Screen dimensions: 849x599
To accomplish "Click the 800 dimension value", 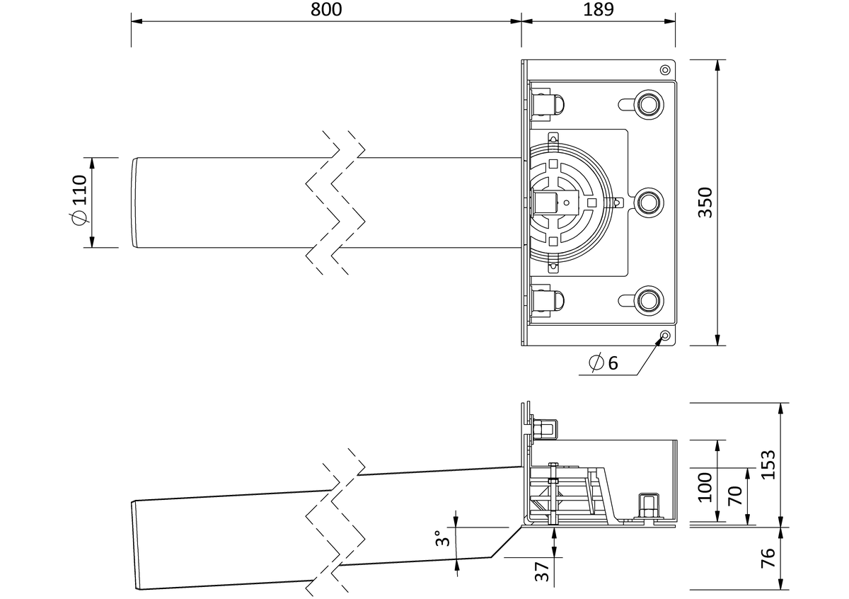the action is point(326,9).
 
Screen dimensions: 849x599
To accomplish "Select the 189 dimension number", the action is point(598,9).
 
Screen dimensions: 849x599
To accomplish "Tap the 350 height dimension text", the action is point(705,202).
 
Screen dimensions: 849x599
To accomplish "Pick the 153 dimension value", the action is point(768,465).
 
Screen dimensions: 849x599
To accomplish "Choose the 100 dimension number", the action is point(705,487).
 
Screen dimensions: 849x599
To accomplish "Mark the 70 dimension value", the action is point(735,496).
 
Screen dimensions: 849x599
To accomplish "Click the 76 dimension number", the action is point(768,558).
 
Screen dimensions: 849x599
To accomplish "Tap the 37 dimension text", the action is point(542,571).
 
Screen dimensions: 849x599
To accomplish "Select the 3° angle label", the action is point(442,538).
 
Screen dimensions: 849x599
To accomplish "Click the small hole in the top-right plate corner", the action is point(665,70).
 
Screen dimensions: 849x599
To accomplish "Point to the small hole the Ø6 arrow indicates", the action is point(665,336).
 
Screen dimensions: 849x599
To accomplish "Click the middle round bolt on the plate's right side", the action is point(648,202).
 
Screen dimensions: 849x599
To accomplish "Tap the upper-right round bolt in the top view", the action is point(648,104).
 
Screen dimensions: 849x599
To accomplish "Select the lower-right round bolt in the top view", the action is point(648,301).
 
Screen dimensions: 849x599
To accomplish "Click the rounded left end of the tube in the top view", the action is point(135,202).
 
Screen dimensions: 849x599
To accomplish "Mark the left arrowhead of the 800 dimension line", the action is point(137,21).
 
